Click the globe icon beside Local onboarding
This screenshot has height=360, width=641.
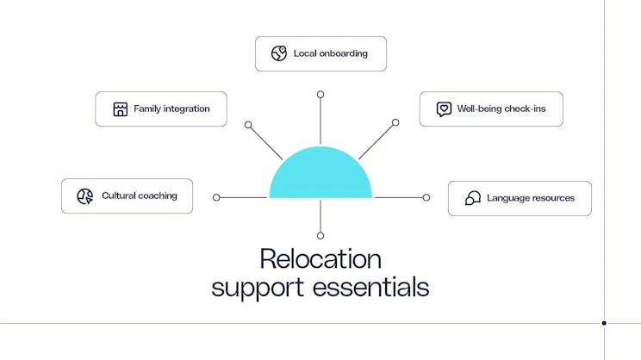tap(278, 53)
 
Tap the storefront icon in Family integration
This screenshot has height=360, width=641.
tap(121, 109)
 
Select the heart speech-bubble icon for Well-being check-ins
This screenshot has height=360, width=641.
tap(444, 109)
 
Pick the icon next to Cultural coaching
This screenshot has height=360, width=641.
tap(84, 196)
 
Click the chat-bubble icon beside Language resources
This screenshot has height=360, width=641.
tap(472, 198)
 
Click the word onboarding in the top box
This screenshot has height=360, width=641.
tap(343, 53)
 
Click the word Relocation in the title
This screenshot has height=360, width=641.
tap(320, 258)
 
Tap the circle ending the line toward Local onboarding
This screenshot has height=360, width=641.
tap(320, 94)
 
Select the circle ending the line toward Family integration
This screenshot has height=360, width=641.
tap(248, 125)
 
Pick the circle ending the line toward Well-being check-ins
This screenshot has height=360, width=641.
tap(395, 122)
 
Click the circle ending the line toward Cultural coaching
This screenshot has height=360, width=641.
tap(216, 197)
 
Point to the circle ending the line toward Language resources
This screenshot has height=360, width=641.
tap(426, 197)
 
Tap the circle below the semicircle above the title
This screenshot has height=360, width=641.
tap(320, 235)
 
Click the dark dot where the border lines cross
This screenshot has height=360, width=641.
tap(604, 323)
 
